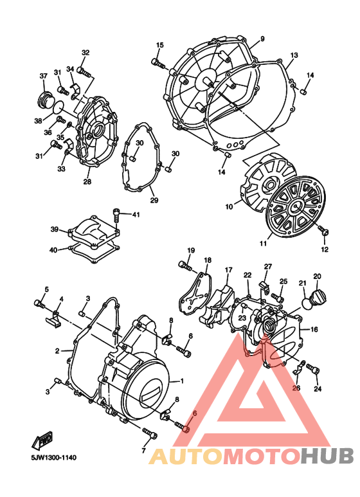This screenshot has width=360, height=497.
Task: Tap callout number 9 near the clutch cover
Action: pyautogui.click(x=262, y=40)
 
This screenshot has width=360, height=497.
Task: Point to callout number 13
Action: pyautogui.click(x=294, y=55)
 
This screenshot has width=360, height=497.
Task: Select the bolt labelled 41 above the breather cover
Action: pyautogui.click(x=117, y=213)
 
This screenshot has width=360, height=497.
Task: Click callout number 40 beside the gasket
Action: pyautogui.click(x=53, y=249)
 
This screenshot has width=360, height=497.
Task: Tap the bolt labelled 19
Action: pyautogui.click(x=186, y=265)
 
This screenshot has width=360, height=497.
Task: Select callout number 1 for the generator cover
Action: pyautogui.click(x=182, y=381)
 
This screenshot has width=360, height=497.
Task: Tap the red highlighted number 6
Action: pyautogui.click(x=194, y=415)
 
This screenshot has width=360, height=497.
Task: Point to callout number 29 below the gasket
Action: pyautogui.click(x=154, y=201)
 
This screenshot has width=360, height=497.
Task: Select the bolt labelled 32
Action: pyautogui.click(x=82, y=68)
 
